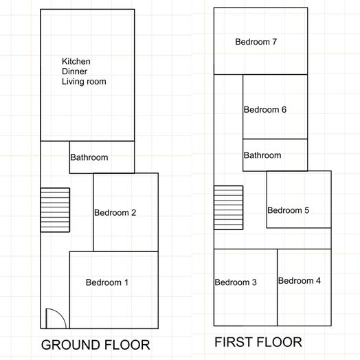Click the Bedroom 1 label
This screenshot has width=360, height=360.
point(106,282)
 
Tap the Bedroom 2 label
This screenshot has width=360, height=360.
point(115,213)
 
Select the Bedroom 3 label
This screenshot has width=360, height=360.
point(236,282)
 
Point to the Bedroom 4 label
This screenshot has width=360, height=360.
point(299,280)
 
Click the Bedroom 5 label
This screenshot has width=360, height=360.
point(288,210)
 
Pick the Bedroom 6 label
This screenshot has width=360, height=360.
point(265,110)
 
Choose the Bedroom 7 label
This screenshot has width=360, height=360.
point(256,42)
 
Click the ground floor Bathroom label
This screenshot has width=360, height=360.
point(89,157)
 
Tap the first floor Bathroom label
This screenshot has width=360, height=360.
point(262,155)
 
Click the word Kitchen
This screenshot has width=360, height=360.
point(76,61)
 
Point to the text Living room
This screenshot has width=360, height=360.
point(84,82)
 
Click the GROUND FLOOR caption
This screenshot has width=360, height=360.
point(95,345)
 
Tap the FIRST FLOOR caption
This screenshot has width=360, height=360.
point(258,342)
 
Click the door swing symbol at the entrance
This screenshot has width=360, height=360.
point(55,319)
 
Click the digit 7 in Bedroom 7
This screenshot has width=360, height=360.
point(274,42)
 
